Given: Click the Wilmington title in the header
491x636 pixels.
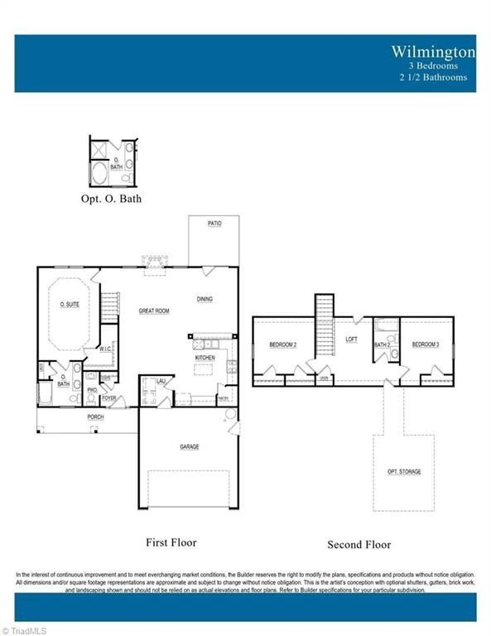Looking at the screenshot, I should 434,51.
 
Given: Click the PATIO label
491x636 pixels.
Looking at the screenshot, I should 214,224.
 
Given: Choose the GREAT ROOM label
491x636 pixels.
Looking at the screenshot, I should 154,311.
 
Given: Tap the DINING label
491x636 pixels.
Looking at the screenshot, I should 205,299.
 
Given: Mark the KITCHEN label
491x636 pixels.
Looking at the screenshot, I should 205,358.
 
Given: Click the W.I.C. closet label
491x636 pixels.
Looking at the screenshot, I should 105,349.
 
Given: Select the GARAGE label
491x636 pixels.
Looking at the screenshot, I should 190,446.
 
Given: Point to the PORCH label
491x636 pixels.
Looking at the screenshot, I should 96,417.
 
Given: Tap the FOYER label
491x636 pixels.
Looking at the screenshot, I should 109,397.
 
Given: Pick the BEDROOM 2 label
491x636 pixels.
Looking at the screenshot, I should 282,344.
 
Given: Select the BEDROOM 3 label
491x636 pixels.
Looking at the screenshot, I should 425,344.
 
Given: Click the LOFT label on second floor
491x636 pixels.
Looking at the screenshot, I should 351,339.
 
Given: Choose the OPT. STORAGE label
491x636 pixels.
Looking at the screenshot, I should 404,471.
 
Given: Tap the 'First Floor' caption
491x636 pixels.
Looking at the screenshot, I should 171,542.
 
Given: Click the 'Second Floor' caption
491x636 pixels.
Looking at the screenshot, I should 359,544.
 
